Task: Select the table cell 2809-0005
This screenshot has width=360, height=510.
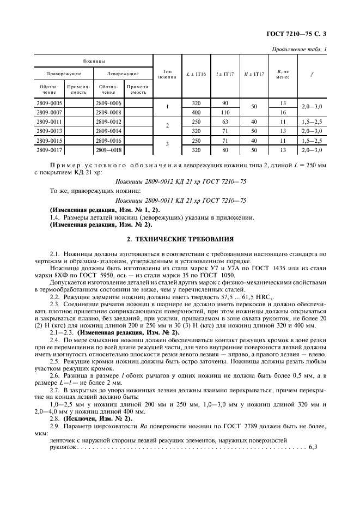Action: pyautogui.click(x=48, y=103)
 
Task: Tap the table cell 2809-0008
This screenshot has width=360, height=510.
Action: pyautogui.click(x=108, y=112)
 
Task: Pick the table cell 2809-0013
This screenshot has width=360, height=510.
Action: pyautogui.click(x=48, y=131)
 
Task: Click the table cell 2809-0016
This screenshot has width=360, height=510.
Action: pyautogui.click(x=108, y=140)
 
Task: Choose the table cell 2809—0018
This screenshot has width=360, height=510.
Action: pyautogui.click(x=108, y=149)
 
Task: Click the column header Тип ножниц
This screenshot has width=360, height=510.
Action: pyautogui.click(x=167, y=74)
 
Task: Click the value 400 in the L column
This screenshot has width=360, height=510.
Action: pyautogui.click(x=196, y=112)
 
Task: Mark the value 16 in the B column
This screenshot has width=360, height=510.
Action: pyautogui.click(x=283, y=112)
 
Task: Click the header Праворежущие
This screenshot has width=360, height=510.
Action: pyautogui.click(x=64, y=74)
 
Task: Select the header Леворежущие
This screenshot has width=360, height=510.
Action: pyautogui.click(x=123, y=74)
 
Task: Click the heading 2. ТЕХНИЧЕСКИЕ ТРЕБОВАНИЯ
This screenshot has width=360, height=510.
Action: pyautogui.click(x=180, y=239)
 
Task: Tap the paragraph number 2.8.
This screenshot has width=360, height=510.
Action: pyautogui.click(x=55, y=418)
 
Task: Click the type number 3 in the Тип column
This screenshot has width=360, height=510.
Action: pyautogui.click(x=167, y=144)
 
